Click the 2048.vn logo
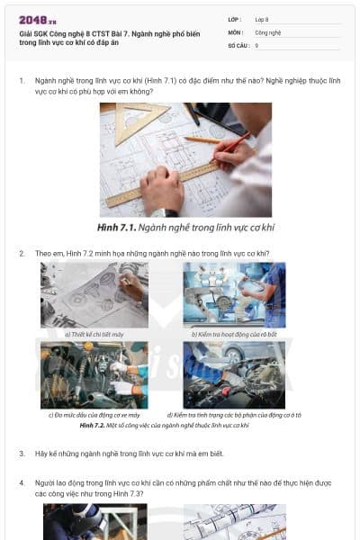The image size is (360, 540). point(38,20)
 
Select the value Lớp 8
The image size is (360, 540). point(262,19)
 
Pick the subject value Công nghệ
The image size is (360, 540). point(268,31)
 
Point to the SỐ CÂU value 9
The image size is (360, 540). point(256,44)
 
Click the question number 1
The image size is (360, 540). point(22,80)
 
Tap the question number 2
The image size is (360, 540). point(22,253)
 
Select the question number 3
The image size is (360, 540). point(22,454)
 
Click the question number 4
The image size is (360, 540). point(22,482)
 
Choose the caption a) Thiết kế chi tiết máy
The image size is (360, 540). point(94,334)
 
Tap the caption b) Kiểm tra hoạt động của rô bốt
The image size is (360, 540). point(234,334)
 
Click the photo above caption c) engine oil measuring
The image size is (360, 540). point(94,374)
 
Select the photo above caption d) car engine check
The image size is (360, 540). point(234,374)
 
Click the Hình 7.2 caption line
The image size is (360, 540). point(164,424)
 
